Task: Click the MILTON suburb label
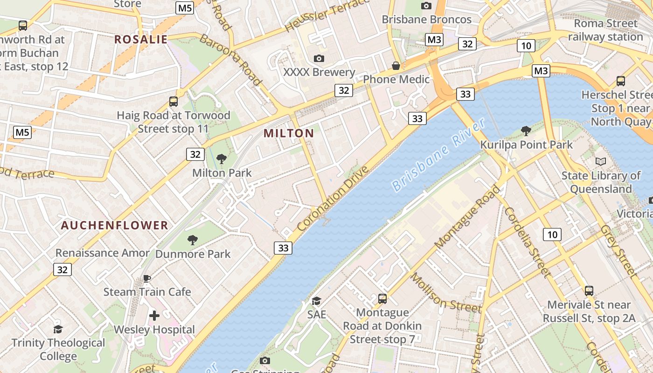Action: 289,133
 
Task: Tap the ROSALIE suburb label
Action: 141,40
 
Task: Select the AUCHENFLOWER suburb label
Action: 115,226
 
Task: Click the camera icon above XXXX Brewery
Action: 319,58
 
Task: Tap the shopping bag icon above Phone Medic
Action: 396,66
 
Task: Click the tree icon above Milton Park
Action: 222,159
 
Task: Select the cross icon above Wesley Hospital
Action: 154,316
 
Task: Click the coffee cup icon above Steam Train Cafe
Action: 147,279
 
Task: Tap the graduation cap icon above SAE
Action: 316,301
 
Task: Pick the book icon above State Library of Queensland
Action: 601,162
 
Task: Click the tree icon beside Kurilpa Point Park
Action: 526,131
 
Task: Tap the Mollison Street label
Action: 445,293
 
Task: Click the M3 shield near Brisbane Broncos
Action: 434,40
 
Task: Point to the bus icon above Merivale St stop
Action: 589,291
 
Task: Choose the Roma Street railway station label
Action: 605,30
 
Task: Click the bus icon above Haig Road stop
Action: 174,101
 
